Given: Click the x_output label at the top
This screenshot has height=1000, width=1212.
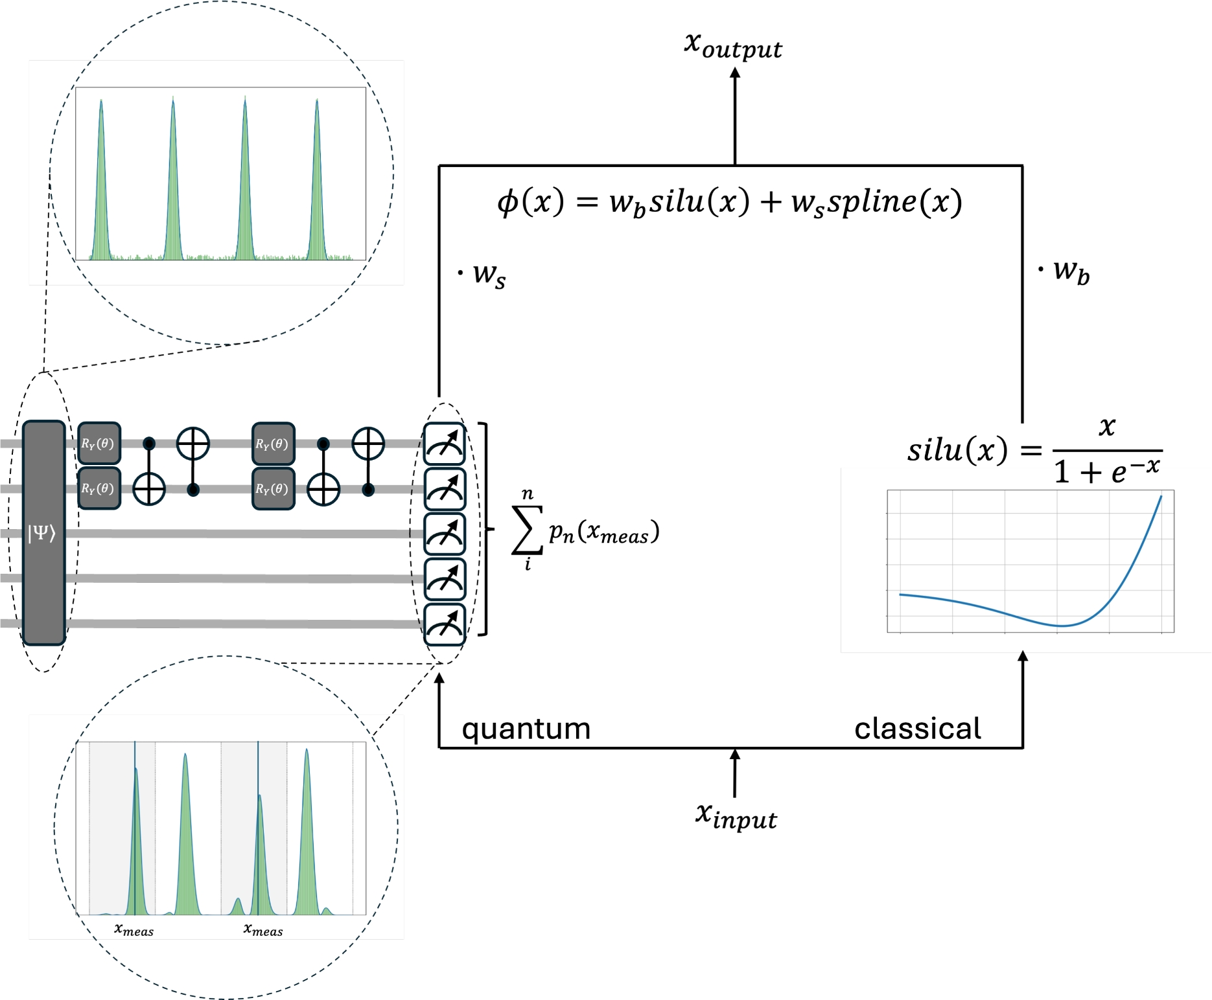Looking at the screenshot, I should click(733, 45).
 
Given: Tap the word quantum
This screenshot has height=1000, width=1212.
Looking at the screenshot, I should click(526, 729).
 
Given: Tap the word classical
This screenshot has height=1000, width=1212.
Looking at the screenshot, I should click(917, 729).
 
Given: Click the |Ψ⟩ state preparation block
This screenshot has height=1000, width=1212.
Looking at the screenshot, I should click(43, 532).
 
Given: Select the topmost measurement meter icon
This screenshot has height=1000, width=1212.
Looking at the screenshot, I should click(445, 444).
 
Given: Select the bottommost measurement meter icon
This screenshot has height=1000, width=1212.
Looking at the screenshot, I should click(445, 624).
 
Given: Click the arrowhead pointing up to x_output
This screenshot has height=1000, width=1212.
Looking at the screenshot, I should click(735, 74).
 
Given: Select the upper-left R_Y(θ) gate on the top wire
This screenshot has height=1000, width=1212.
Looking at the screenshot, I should click(99, 444).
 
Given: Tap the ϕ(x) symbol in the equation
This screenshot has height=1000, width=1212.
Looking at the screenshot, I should click(530, 202).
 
